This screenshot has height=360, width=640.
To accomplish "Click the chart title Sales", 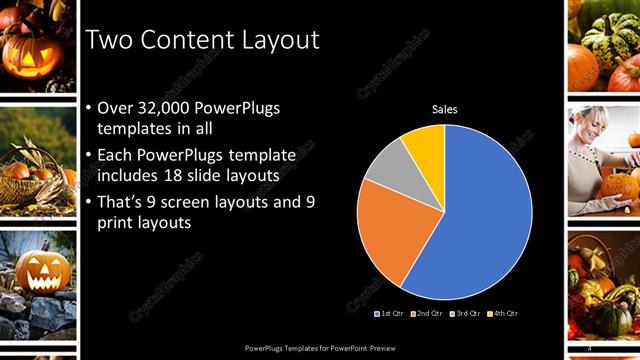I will point(444,109).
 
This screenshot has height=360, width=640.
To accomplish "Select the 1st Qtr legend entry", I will point(390,313).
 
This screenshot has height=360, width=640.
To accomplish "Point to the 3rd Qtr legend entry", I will point(465,313).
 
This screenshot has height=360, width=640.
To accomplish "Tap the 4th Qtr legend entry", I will point(503,313).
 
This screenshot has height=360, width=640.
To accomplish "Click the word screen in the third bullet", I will point(207,202).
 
